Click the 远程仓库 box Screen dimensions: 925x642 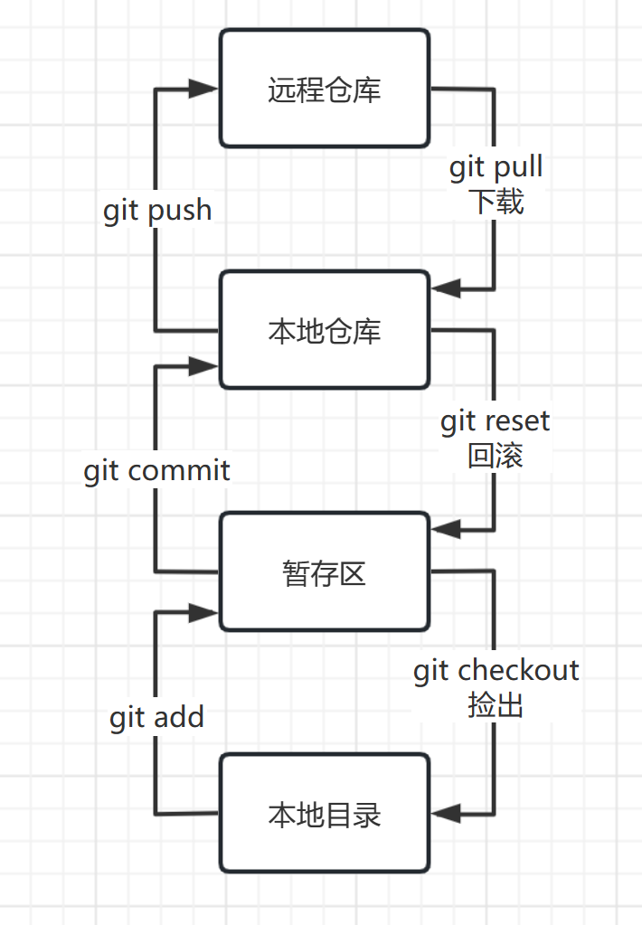tap(324, 89)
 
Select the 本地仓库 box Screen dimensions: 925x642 tap(324, 330)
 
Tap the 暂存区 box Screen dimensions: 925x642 tap(324, 571)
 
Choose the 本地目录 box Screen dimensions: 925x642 tap(324, 814)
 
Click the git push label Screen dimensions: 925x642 tap(157, 211)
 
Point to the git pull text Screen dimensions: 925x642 tap(496, 167)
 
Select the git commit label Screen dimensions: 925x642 tap(157, 470)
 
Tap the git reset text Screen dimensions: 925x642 tap(496, 422)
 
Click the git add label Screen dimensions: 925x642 tap(157, 718)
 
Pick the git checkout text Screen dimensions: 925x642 tap(496, 670)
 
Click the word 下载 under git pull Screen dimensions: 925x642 tap(496, 201)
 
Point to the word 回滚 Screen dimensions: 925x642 tap(496, 456)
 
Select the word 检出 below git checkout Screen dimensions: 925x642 tap(496, 703)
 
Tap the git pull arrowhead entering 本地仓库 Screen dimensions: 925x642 tap(447, 289)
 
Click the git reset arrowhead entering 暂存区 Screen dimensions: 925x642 tap(447, 529)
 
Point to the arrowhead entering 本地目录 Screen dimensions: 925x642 tap(447, 813)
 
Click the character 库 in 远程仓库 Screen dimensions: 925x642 tap(367, 90)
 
